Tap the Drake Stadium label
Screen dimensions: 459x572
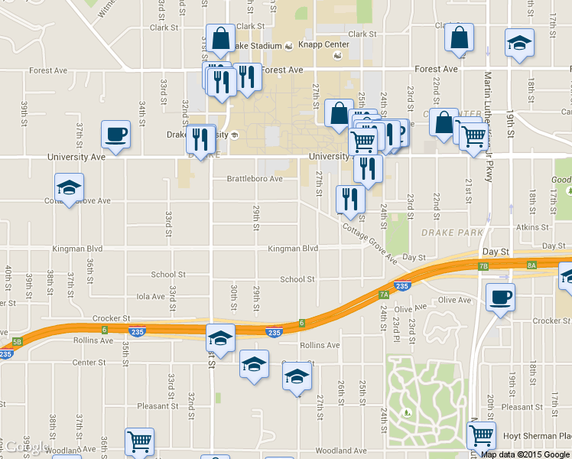coord(257,46)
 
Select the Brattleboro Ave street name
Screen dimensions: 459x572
coord(254,179)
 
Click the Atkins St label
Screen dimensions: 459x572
coord(532,227)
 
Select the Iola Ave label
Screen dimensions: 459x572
coord(150,296)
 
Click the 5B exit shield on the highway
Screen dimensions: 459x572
coord(18,342)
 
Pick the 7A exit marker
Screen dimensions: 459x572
coord(384,293)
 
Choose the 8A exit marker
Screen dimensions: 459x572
coord(531,265)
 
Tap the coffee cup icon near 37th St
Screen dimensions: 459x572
coord(115,135)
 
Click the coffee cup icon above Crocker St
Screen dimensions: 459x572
coord(500,297)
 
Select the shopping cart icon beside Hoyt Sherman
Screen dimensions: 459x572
coord(481,435)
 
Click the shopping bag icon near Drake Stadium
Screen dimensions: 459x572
coord(220,38)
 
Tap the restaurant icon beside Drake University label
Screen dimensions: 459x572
coord(200,139)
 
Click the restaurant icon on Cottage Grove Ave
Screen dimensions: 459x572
coord(350,199)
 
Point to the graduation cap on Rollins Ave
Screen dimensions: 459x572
coord(220,337)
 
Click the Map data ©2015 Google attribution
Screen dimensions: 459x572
coord(526,454)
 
